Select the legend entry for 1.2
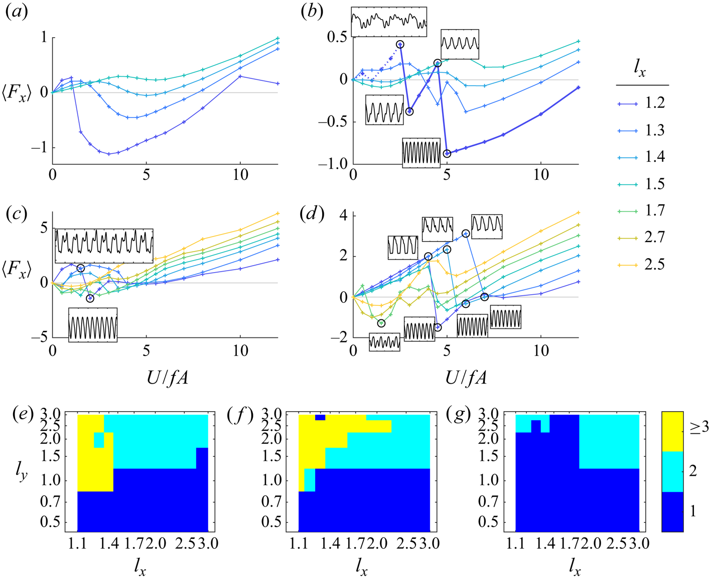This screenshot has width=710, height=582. pyautogui.click(x=655, y=103)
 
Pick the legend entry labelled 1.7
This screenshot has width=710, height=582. pyautogui.click(x=655, y=211)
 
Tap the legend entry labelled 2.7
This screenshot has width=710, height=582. pyautogui.click(x=655, y=238)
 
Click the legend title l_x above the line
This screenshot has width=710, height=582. pyautogui.click(x=640, y=70)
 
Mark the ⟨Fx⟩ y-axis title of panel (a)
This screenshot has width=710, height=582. pyautogui.click(x=17, y=93)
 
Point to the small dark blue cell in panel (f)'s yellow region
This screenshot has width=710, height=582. pyautogui.click(x=320, y=417)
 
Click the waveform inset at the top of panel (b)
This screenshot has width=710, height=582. pyautogui.click(x=389, y=22)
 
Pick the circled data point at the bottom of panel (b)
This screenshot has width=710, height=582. pyautogui.click(x=447, y=154)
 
